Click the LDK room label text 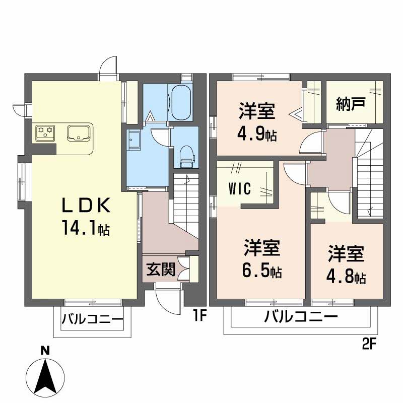point(85,206)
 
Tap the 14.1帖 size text point(86,229)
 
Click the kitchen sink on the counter point(79,133)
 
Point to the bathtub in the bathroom point(180,101)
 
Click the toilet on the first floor point(186,154)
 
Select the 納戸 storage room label point(351,104)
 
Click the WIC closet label point(240,189)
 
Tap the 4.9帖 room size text point(256,135)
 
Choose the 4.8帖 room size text point(346,277)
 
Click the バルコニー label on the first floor point(92,320)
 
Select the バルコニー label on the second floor point(301,317)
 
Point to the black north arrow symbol point(45,376)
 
